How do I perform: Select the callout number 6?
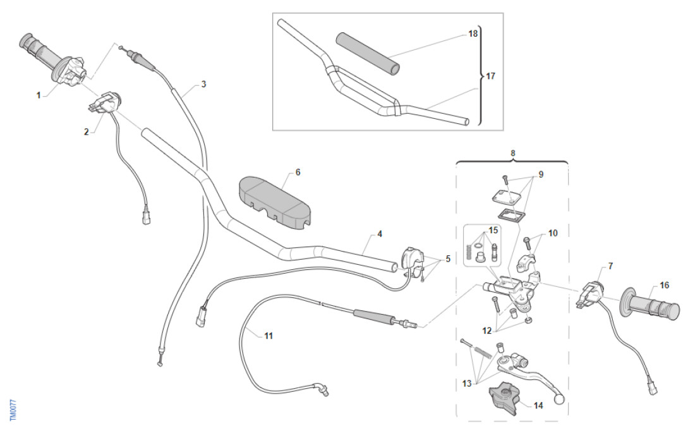(298, 172)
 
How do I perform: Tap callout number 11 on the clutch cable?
(269, 336)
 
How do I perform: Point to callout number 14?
(538, 406)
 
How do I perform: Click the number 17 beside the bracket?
(490, 76)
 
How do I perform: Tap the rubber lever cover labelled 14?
(506, 399)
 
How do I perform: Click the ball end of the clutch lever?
(559, 399)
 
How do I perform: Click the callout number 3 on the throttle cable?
(203, 83)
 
